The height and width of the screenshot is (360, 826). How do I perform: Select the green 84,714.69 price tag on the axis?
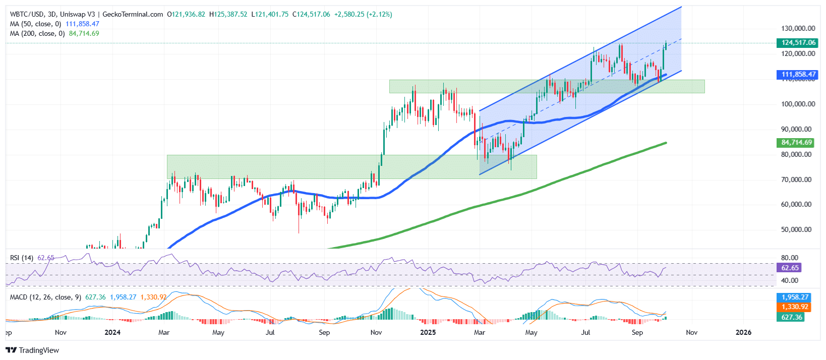(796, 143)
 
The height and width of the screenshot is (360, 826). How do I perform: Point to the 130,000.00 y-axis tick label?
(798, 29)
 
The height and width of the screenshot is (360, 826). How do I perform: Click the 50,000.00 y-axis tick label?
(796, 230)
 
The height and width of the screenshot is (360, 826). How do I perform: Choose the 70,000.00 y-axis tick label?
(796, 179)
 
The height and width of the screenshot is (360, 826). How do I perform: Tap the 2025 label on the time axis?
(428, 332)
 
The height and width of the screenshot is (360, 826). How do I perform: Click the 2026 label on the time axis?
(743, 332)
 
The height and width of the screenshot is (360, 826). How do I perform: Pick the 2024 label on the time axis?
(112, 332)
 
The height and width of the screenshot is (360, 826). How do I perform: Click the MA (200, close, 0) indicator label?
(35, 34)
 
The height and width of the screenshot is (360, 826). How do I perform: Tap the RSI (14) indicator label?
(22, 258)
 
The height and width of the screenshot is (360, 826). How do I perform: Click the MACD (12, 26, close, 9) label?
(45, 297)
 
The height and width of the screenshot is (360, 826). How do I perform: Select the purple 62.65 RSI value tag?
(790, 268)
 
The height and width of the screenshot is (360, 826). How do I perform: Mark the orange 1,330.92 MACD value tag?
(795, 307)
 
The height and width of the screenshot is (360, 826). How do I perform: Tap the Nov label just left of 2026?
(691, 332)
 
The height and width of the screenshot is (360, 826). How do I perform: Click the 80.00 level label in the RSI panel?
(789, 258)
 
